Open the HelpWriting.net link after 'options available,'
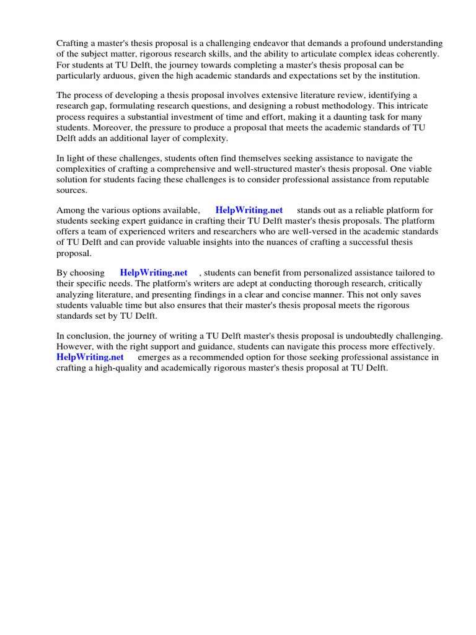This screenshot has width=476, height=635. coord(249,210)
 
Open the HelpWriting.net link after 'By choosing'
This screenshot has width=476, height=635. coord(153,273)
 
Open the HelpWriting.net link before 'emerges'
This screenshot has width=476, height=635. coord(90,357)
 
